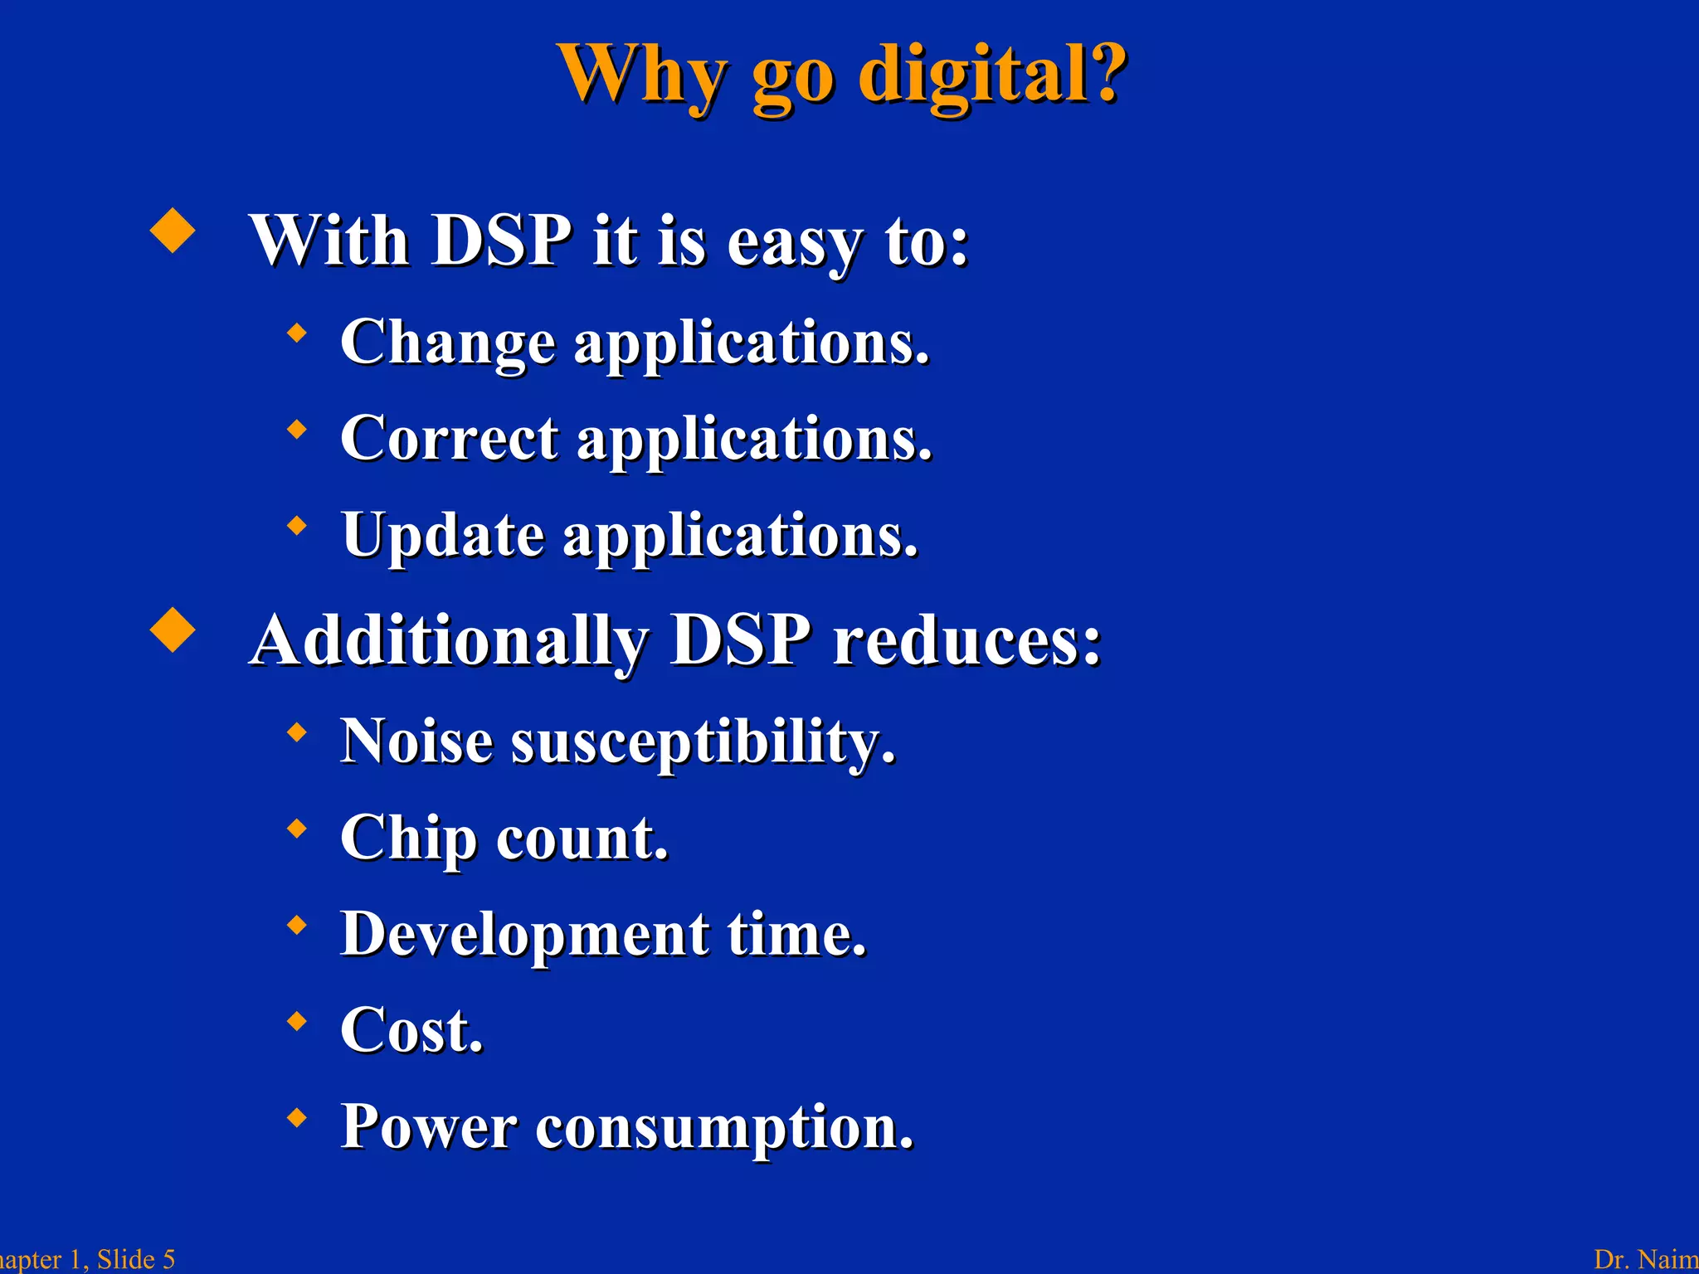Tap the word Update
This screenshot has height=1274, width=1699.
click(443, 535)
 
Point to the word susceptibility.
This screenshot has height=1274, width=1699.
click(703, 742)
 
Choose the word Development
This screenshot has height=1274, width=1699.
click(525, 934)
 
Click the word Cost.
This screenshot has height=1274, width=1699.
click(411, 1030)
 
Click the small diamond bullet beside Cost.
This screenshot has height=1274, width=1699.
click(296, 1021)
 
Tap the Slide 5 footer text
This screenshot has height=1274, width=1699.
click(136, 1259)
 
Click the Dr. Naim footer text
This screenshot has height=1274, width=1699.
click(1646, 1259)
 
